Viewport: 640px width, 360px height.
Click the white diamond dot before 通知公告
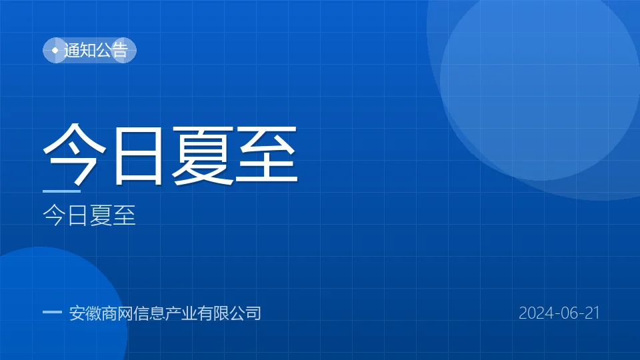[55, 50]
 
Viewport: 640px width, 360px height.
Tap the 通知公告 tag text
[96, 50]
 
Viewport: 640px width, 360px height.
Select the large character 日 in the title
[139, 155]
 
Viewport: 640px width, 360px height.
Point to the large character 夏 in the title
[203, 155]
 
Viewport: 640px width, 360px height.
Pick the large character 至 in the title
[267, 155]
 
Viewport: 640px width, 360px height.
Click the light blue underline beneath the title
[61, 191]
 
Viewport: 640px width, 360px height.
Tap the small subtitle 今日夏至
[89, 215]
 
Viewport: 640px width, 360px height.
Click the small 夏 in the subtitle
[101, 215]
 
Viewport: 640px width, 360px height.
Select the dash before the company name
[52, 312]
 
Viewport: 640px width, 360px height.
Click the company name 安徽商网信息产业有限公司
[165, 313]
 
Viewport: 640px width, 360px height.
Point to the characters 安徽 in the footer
[85, 313]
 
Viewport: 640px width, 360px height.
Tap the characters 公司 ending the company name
[245, 313]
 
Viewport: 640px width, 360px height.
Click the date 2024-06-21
[559, 313]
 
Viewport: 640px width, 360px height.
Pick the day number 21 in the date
[592, 313]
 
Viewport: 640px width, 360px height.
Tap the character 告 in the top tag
[120, 50]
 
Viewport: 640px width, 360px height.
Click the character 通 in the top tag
[72, 50]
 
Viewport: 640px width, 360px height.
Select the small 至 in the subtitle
[124, 215]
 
